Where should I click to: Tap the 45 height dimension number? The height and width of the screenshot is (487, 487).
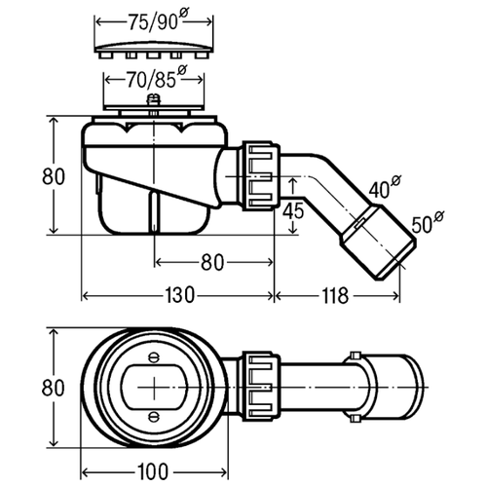point(293,210)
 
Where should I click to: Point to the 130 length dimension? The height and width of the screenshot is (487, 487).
point(179,296)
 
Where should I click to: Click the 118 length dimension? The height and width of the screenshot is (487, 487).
point(335,296)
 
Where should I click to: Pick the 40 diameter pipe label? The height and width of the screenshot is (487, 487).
point(385,187)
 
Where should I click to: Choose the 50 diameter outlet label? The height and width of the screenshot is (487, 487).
point(428,222)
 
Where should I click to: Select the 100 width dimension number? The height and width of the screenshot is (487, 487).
point(153,471)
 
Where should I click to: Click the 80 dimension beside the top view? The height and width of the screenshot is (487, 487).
point(53,388)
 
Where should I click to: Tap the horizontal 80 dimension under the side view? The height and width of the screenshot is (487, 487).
point(212,262)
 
